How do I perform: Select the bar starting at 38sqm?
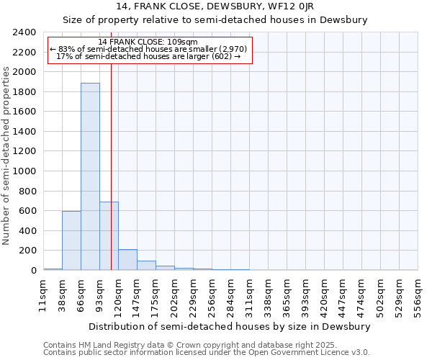pyautogui.click(x=71, y=240)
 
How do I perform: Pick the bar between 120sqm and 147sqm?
pyautogui.click(x=127, y=260)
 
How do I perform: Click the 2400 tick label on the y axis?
pyautogui.click(x=24, y=32)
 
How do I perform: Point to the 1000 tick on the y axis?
pyautogui.click(x=24, y=171)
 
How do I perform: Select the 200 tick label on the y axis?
pyautogui.click(x=27, y=251)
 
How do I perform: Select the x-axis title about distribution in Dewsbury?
pyautogui.click(x=230, y=326)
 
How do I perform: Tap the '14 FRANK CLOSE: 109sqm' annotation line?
pyautogui.click(x=148, y=42)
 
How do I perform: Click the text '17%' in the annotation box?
pyautogui.click(x=63, y=56)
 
